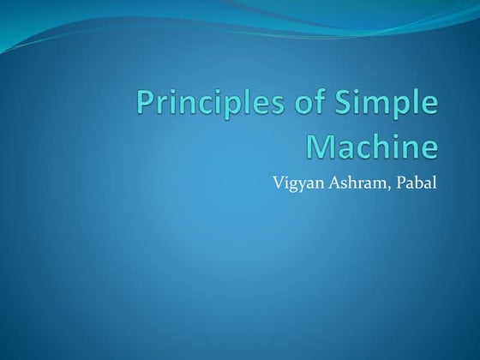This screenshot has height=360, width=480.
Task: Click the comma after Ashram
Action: click(387, 185)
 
